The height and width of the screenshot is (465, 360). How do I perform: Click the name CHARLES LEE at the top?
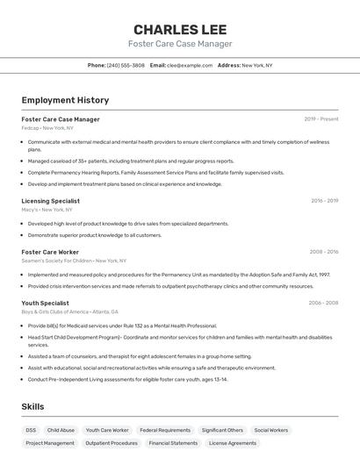[180, 29]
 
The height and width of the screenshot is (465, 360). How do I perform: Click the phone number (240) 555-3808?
[126, 65]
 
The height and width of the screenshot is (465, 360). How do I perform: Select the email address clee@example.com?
[190, 65]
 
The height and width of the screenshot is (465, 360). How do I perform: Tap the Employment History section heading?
[65, 100]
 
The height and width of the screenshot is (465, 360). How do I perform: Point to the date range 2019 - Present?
[320, 119]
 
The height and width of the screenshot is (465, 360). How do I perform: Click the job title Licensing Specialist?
[50, 201]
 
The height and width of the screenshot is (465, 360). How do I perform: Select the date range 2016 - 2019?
[324, 201]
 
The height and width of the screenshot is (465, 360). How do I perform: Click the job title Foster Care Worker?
[50, 252]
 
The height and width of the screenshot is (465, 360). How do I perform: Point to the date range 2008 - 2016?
[323, 252]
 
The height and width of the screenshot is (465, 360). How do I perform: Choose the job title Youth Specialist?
[45, 303]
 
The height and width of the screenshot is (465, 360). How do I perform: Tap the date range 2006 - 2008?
[323, 303]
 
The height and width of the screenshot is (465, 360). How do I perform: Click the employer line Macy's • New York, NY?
[47, 210]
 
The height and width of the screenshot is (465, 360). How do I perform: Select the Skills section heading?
[32, 407]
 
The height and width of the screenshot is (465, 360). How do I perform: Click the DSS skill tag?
[31, 431]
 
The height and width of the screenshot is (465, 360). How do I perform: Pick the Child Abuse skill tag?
[61, 431]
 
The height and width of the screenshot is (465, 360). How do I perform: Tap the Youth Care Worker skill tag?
[107, 431]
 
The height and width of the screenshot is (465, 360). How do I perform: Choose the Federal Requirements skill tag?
[165, 431]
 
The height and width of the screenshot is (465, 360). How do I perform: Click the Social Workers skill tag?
[271, 431]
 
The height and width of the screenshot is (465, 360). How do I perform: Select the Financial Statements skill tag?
[173, 444]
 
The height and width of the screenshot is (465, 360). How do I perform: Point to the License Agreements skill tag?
[233, 444]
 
